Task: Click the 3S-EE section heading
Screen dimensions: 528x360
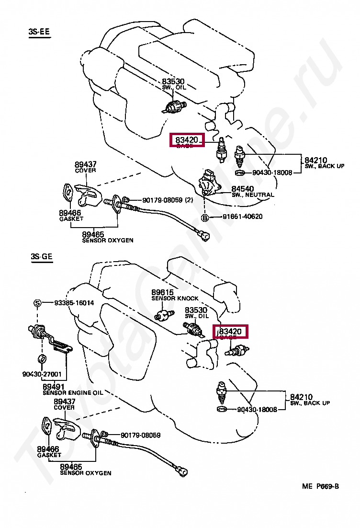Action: point(39,32)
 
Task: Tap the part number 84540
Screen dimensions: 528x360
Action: point(243,188)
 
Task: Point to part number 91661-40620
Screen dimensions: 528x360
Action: point(242,217)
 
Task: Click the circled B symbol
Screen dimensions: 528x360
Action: point(205,217)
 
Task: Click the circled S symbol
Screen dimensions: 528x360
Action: point(37,303)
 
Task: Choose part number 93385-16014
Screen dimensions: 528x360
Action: point(74,303)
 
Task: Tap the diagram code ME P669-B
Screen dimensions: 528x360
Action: point(320,486)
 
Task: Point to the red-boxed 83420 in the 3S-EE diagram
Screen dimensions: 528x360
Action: point(187,140)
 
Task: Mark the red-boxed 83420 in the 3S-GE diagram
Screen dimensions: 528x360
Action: point(230,331)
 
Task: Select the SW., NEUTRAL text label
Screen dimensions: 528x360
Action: point(253,195)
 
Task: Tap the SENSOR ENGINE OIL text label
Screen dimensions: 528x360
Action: point(73,392)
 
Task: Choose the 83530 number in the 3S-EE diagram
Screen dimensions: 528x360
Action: point(173,81)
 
